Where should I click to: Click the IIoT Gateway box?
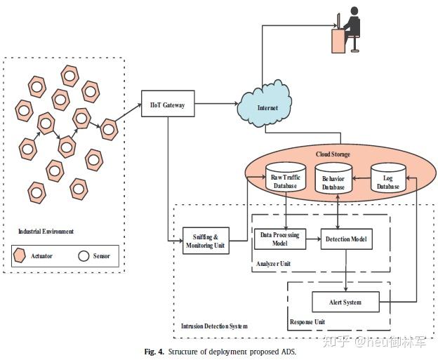click(x=167, y=105)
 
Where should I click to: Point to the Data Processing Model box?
click(x=279, y=239)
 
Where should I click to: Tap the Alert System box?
click(x=345, y=302)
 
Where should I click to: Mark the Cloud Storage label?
click(x=333, y=154)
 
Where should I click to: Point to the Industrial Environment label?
click(x=46, y=231)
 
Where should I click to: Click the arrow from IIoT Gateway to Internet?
click(x=214, y=105)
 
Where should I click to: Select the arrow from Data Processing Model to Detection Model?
click(x=313, y=239)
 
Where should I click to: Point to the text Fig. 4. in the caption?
click(x=154, y=351)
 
